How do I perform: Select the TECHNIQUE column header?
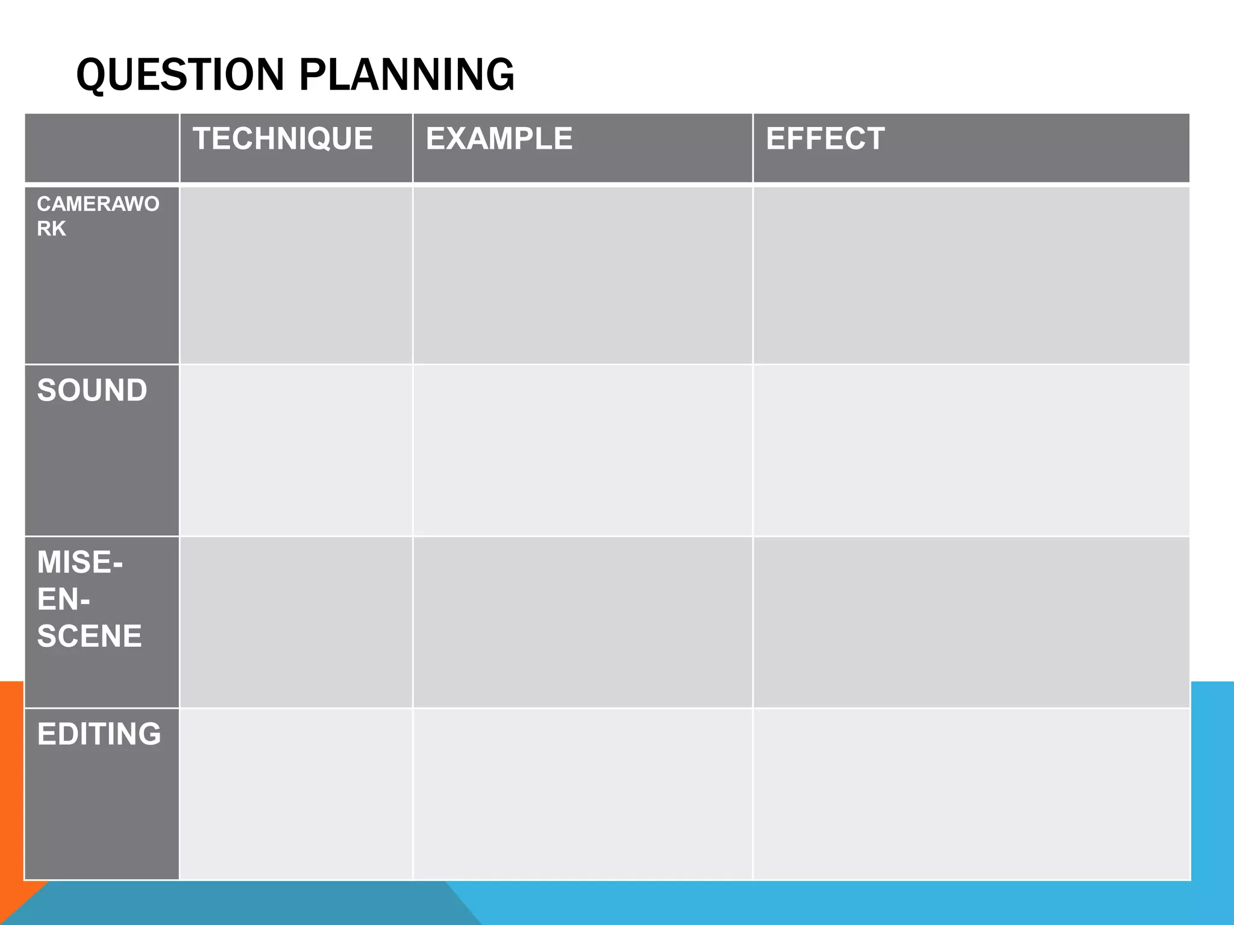[x=283, y=139]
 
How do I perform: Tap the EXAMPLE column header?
[x=499, y=139]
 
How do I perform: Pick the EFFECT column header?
[x=825, y=139]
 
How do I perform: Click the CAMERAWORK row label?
[x=98, y=216]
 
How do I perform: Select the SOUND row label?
[x=92, y=390]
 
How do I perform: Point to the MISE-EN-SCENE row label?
[x=89, y=599]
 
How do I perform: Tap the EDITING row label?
[x=99, y=734]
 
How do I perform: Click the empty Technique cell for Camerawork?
[x=296, y=275]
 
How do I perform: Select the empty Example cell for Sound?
[x=583, y=450]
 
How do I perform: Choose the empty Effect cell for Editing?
[x=971, y=794]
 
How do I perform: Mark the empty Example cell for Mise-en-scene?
[x=583, y=622]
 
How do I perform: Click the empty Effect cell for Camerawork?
[x=971, y=275]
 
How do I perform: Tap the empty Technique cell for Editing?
[x=296, y=794]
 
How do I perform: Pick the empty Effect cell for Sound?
[x=971, y=450]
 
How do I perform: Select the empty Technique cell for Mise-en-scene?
[x=296, y=622]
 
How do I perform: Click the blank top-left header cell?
[x=102, y=148]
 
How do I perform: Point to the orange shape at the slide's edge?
[x=11, y=795]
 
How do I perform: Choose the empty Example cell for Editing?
[x=583, y=794]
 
